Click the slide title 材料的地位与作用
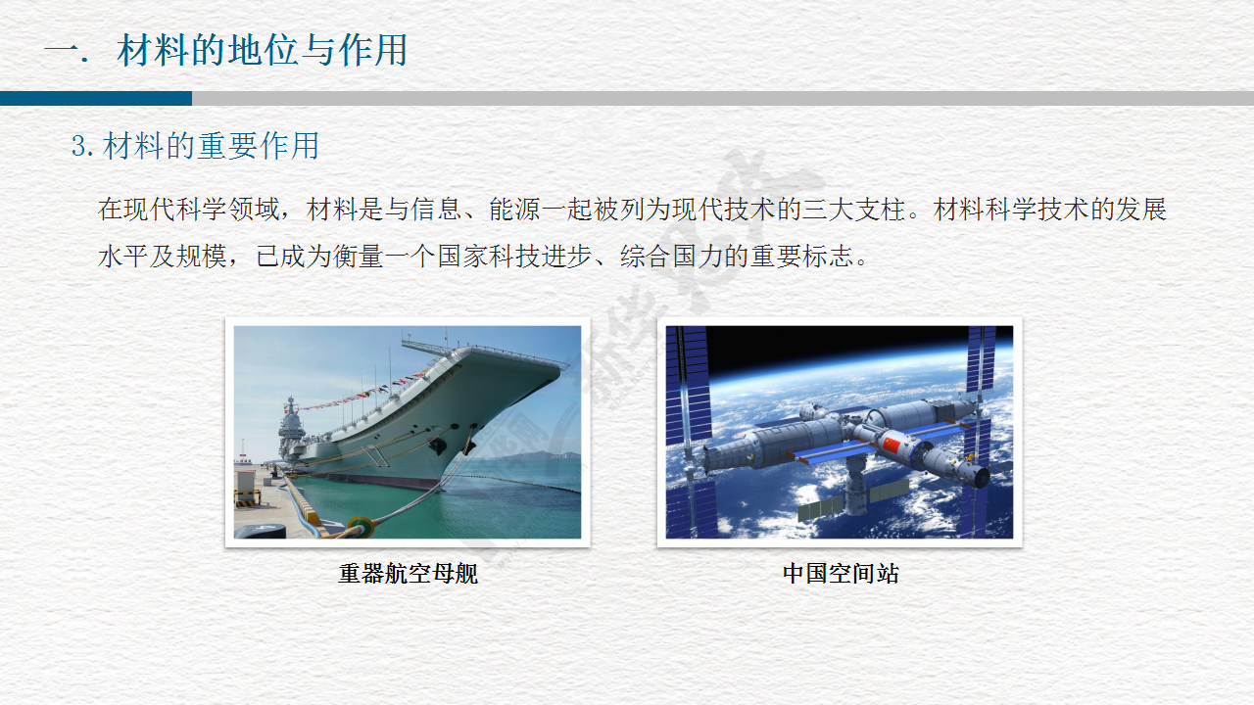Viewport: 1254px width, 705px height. point(262,50)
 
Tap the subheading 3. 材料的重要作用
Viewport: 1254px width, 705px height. point(195,146)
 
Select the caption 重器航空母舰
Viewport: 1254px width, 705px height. point(408,574)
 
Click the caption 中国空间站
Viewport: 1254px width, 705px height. point(841,574)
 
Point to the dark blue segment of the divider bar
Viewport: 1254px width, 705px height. point(96,99)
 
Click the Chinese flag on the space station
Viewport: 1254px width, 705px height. point(891,446)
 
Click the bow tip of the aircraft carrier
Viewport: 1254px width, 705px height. point(564,366)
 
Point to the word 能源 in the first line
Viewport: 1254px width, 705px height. point(515,210)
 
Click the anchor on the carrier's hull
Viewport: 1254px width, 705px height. point(438,446)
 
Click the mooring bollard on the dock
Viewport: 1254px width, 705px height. point(361,527)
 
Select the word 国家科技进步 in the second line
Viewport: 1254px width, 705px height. point(515,257)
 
